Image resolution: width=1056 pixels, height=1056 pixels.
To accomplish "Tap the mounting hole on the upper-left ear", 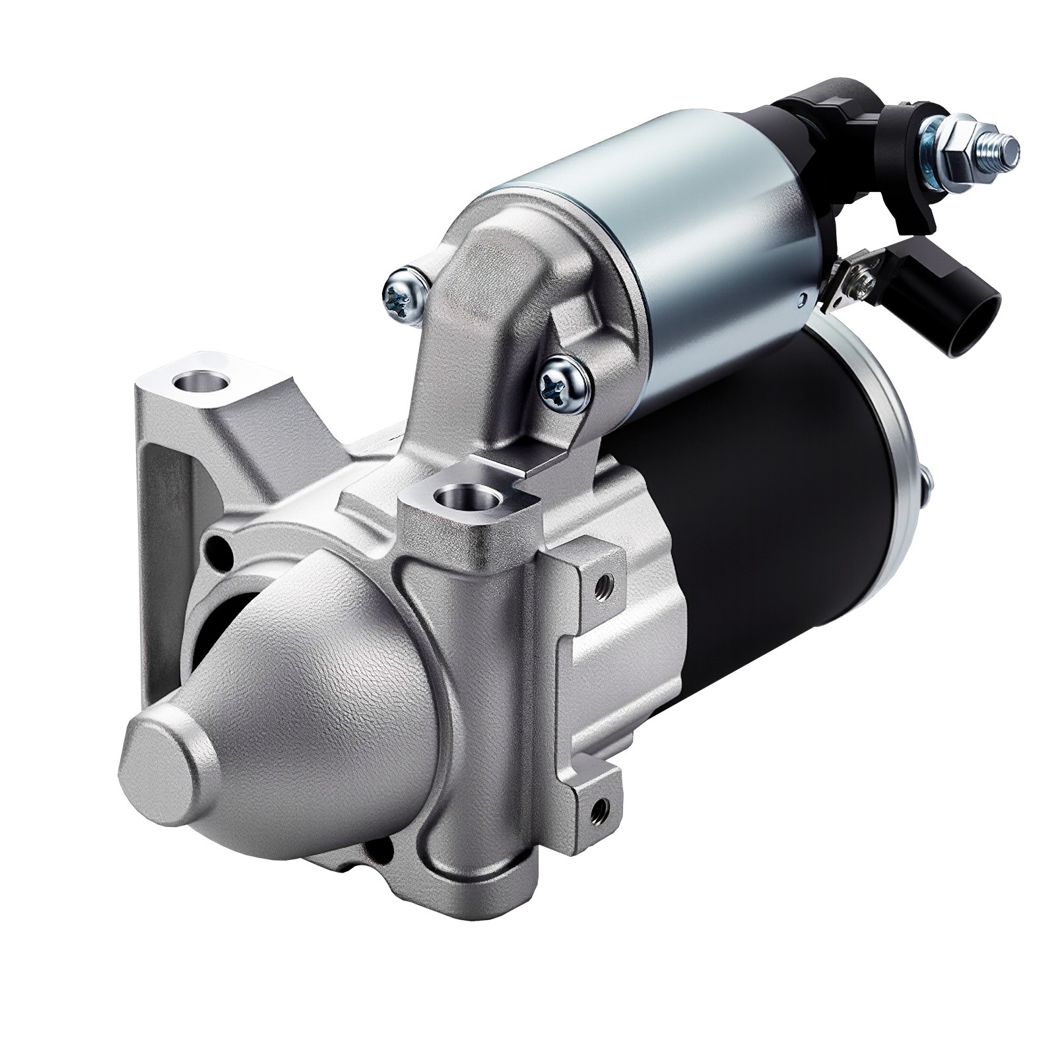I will click(199, 383).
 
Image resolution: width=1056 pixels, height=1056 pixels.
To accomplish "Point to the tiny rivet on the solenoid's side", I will click(803, 298).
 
